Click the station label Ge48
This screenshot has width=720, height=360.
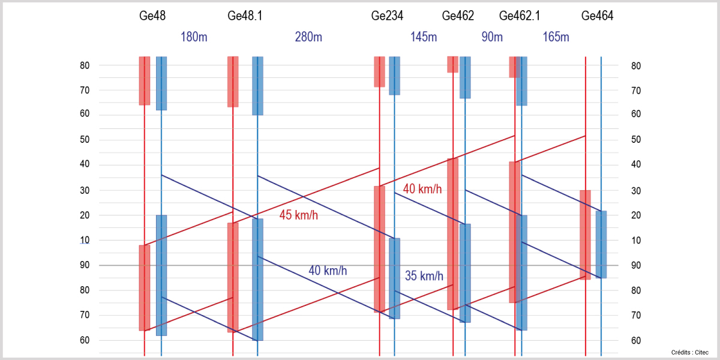[152, 16]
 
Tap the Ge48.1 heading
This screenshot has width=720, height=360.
[245, 16]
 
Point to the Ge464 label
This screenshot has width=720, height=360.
[597, 16]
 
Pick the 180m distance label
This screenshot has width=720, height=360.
[194, 37]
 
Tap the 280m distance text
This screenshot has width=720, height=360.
[308, 37]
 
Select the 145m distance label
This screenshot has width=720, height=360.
[424, 37]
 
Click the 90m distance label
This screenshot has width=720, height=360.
[492, 37]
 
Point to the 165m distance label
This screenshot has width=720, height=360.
[556, 37]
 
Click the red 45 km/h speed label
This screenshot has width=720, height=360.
[299, 215]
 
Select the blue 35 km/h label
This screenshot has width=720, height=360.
[424, 277]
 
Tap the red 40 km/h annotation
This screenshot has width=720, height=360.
[422, 190]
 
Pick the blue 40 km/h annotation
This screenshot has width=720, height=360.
[328, 271]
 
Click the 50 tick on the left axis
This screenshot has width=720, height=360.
[85, 140]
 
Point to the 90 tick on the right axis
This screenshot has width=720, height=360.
[637, 265]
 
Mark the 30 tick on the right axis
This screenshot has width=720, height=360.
[637, 191]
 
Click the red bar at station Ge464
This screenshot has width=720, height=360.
[585, 235]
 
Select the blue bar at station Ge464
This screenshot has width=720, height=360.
[601, 244]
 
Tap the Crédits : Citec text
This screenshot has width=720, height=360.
[689, 352]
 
